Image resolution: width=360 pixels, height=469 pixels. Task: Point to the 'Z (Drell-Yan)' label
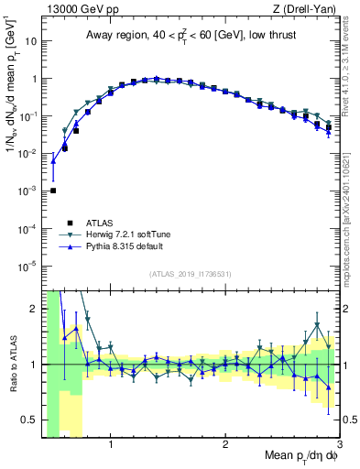tap(307, 8)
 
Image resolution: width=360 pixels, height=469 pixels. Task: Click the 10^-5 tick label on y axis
tap(27, 266)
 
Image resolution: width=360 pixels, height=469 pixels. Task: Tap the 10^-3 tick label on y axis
tap(27, 191)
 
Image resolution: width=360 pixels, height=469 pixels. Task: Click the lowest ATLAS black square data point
tap(53, 191)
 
